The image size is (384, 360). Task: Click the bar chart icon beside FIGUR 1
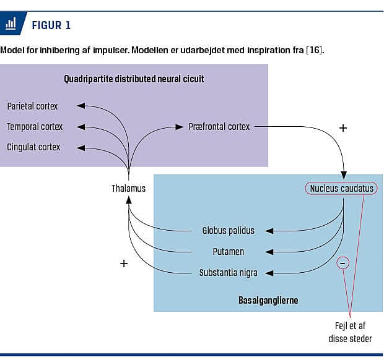(x=11, y=25)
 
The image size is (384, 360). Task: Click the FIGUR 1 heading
(x=51, y=25)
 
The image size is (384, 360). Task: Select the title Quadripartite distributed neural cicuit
(x=134, y=79)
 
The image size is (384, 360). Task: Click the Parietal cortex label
(x=32, y=106)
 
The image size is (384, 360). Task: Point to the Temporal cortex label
(x=35, y=127)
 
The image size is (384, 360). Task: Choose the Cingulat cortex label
(x=33, y=147)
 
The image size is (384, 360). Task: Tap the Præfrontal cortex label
(x=219, y=127)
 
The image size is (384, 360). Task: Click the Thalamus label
(x=129, y=188)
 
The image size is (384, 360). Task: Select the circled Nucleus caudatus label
(x=341, y=188)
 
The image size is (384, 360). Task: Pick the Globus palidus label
(x=228, y=231)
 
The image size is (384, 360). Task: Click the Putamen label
(x=228, y=252)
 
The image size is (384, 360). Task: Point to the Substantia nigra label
(x=228, y=273)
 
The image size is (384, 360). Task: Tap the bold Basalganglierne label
(x=268, y=301)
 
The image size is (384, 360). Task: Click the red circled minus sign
(x=343, y=263)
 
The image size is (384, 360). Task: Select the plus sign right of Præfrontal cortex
(x=343, y=128)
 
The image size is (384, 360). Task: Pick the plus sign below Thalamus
(x=123, y=264)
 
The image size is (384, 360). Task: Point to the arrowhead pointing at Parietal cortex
(x=81, y=106)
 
